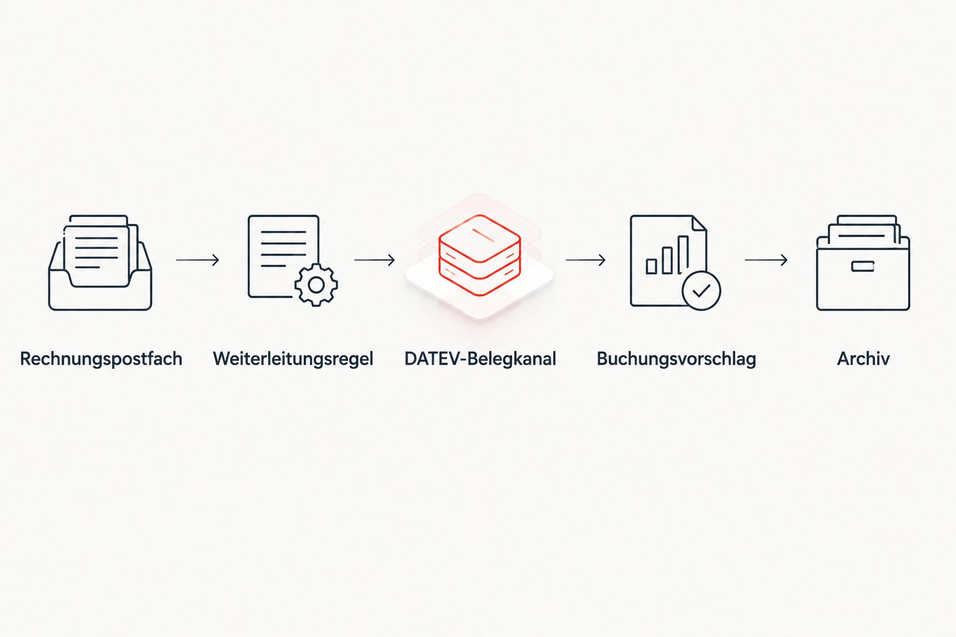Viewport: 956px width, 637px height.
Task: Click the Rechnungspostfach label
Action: click(x=101, y=359)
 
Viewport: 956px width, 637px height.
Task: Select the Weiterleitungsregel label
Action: click(x=293, y=359)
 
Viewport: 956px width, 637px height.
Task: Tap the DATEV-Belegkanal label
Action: click(x=480, y=359)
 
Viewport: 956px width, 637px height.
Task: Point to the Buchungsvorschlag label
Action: click(x=676, y=359)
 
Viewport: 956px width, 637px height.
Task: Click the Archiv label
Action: click(x=863, y=359)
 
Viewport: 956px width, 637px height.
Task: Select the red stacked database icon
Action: click(x=480, y=255)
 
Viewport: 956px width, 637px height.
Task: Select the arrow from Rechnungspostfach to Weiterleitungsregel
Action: click(x=197, y=259)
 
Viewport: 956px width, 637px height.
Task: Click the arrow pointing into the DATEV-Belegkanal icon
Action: click(x=375, y=259)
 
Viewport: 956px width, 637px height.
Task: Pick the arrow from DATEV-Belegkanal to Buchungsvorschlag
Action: click(x=586, y=259)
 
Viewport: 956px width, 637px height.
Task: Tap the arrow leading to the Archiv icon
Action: click(x=766, y=259)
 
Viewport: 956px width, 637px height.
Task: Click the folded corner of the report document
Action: click(x=699, y=223)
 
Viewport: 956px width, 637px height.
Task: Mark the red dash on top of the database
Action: click(x=483, y=235)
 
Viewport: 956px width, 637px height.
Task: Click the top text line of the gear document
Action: click(x=283, y=231)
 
